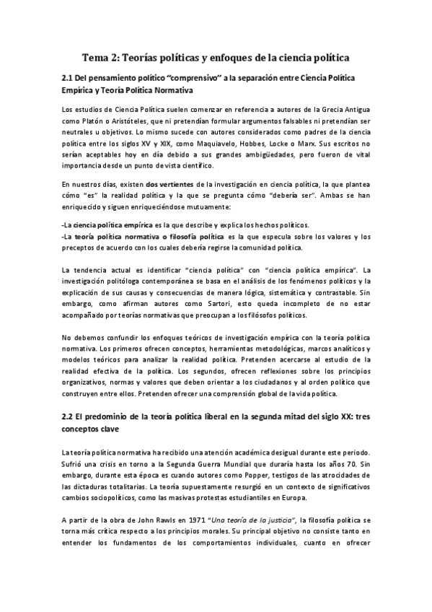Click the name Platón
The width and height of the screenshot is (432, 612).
coord(96,123)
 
